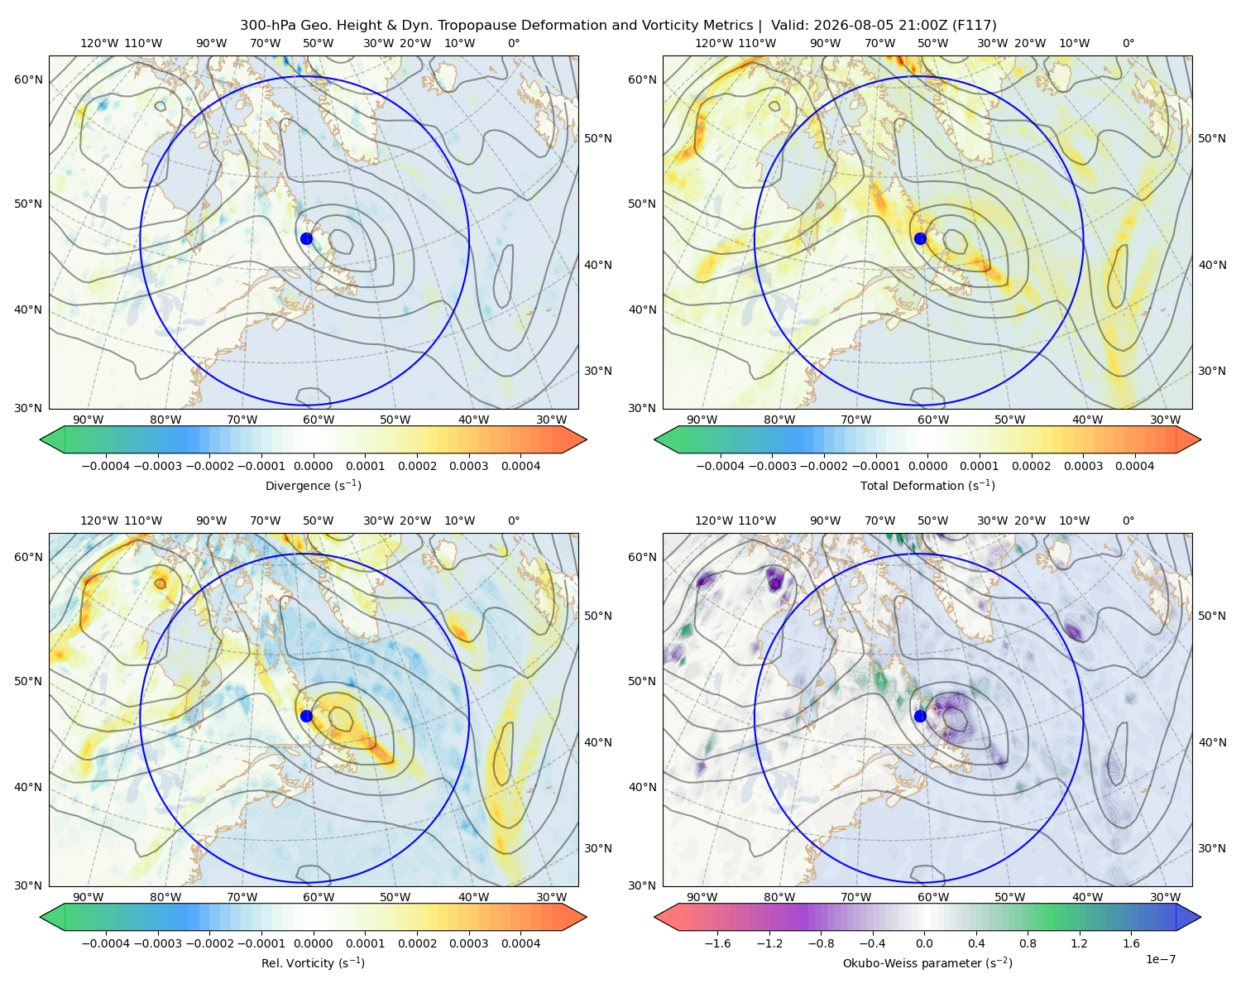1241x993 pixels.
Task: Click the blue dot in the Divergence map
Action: pyautogui.click(x=306, y=238)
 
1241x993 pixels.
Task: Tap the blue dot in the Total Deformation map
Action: pyautogui.click(x=920, y=238)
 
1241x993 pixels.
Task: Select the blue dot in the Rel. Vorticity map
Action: pyautogui.click(x=306, y=716)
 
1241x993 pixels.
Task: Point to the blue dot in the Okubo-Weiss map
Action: pyautogui.click(x=920, y=716)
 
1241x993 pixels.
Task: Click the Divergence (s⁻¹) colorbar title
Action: pyautogui.click(x=313, y=485)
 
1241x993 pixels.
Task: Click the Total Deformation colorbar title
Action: pyautogui.click(x=927, y=485)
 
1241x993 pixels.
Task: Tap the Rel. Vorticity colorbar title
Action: pyautogui.click(x=313, y=962)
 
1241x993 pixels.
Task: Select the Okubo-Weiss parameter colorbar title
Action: pyautogui.click(x=927, y=962)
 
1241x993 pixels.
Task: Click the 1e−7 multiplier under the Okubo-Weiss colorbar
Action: pyautogui.click(x=1160, y=959)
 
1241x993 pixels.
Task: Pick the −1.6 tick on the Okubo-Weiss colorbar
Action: pyautogui.click(x=718, y=943)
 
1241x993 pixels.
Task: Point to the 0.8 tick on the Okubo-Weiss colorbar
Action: pyautogui.click(x=1028, y=943)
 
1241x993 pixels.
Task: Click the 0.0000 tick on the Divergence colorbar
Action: pyautogui.click(x=313, y=466)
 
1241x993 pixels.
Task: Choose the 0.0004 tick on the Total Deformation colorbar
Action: pyautogui.click(x=1135, y=466)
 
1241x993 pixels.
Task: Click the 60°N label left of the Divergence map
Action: pyautogui.click(x=28, y=79)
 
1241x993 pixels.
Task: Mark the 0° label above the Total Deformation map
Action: pyautogui.click(x=1128, y=43)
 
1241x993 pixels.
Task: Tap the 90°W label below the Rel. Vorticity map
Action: pyautogui.click(x=89, y=897)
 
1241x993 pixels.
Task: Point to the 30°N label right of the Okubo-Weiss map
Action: pyautogui.click(x=1212, y=848)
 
